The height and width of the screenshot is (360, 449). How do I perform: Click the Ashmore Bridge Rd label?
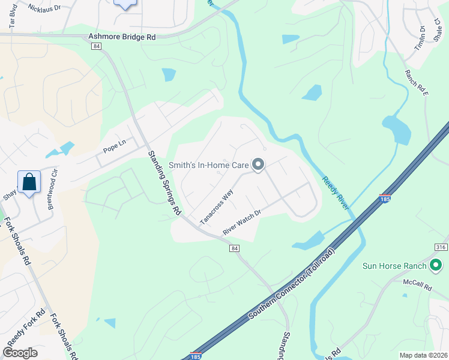[x=122, y=37]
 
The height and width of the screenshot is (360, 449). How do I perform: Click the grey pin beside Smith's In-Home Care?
[x=258, y=164]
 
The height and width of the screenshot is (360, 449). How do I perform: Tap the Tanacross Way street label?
[x=216, y=207]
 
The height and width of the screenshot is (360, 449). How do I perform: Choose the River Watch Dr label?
[x=242, y=222]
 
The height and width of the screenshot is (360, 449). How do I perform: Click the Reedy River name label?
[x=336, y=193]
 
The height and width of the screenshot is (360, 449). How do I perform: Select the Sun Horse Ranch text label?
[x=394, y=266]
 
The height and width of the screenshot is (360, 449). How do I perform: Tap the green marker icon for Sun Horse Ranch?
[x=436, y=265]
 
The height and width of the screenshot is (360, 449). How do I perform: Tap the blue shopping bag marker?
[x=29, y=182]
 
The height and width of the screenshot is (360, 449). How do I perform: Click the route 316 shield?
[x=441, y=247]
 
